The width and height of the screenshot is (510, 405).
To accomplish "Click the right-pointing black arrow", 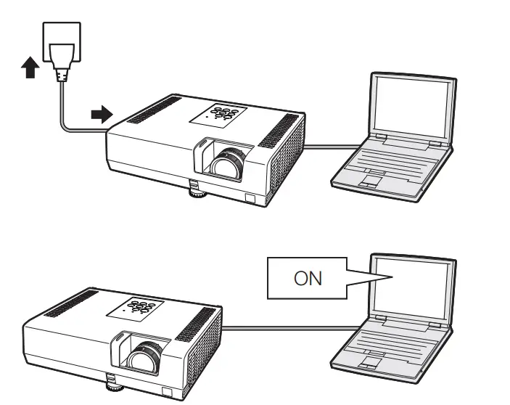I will click(x=101, y=113).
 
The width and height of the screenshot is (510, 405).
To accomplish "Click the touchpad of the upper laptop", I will click(x=372, y=179).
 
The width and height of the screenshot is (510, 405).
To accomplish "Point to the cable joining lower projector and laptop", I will click(x=290, y=327).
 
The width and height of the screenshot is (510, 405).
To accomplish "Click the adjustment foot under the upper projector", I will click(x=197, y=192).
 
